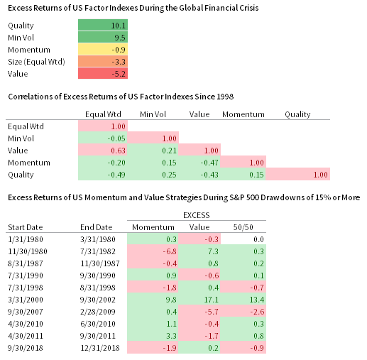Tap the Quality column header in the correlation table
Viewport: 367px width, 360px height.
tap(298, 114)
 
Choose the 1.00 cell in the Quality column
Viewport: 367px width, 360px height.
tap(298, 174)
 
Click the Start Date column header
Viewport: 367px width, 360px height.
tap(26, 227)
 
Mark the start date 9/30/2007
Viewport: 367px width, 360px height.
tap(26, 312)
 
